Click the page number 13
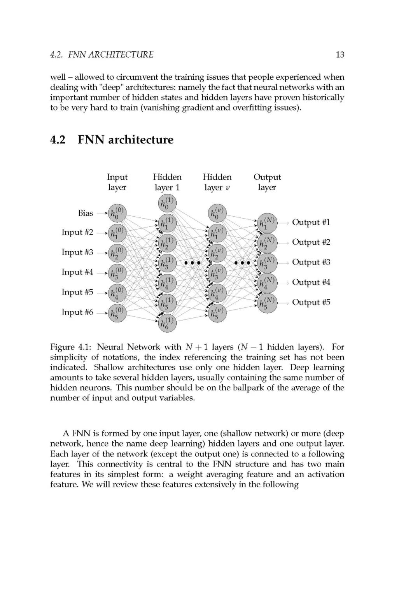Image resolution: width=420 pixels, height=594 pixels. click(339, 54)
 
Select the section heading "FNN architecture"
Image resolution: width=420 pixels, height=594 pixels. click(125, 140)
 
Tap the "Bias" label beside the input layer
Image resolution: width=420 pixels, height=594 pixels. click(86, 213)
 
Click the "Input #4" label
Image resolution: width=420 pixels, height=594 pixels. click(77, 272)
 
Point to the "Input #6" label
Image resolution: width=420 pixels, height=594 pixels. click(77, 312)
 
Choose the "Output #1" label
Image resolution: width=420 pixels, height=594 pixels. click(311, 223)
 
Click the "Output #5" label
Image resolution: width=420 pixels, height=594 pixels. click(311, 303)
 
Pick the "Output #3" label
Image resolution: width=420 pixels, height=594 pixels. click(311, 263)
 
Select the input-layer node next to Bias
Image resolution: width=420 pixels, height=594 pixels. click(117, 213)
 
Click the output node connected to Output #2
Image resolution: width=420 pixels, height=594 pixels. click(267, 243)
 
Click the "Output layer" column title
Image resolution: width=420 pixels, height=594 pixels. click(267, 182)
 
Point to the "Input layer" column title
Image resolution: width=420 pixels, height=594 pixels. click(117, 182)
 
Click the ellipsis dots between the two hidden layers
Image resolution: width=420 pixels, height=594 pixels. click(192, 263)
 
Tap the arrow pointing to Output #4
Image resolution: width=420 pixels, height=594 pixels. click(283, 283)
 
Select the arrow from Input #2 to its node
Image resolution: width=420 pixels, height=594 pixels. click(102, 233)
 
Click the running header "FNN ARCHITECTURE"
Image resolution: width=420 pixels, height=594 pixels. click(111, 55)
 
